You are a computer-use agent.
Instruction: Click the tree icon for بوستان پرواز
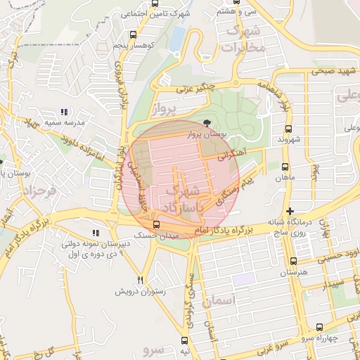click(196, 124)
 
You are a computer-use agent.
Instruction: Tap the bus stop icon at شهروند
click(288, 129)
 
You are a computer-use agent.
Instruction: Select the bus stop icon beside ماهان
click(284, 167)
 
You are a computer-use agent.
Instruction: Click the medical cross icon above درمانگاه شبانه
click(290, 211)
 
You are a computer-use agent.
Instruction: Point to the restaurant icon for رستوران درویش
click(141, 279)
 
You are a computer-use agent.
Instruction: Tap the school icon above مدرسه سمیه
click(65, 112)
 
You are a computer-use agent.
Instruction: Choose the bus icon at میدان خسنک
click(156, 225)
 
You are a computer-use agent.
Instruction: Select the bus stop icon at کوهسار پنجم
click(134, 34)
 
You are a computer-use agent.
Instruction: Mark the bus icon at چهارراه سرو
click(321, 327)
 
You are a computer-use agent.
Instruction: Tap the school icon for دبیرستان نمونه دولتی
click(96, 233)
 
